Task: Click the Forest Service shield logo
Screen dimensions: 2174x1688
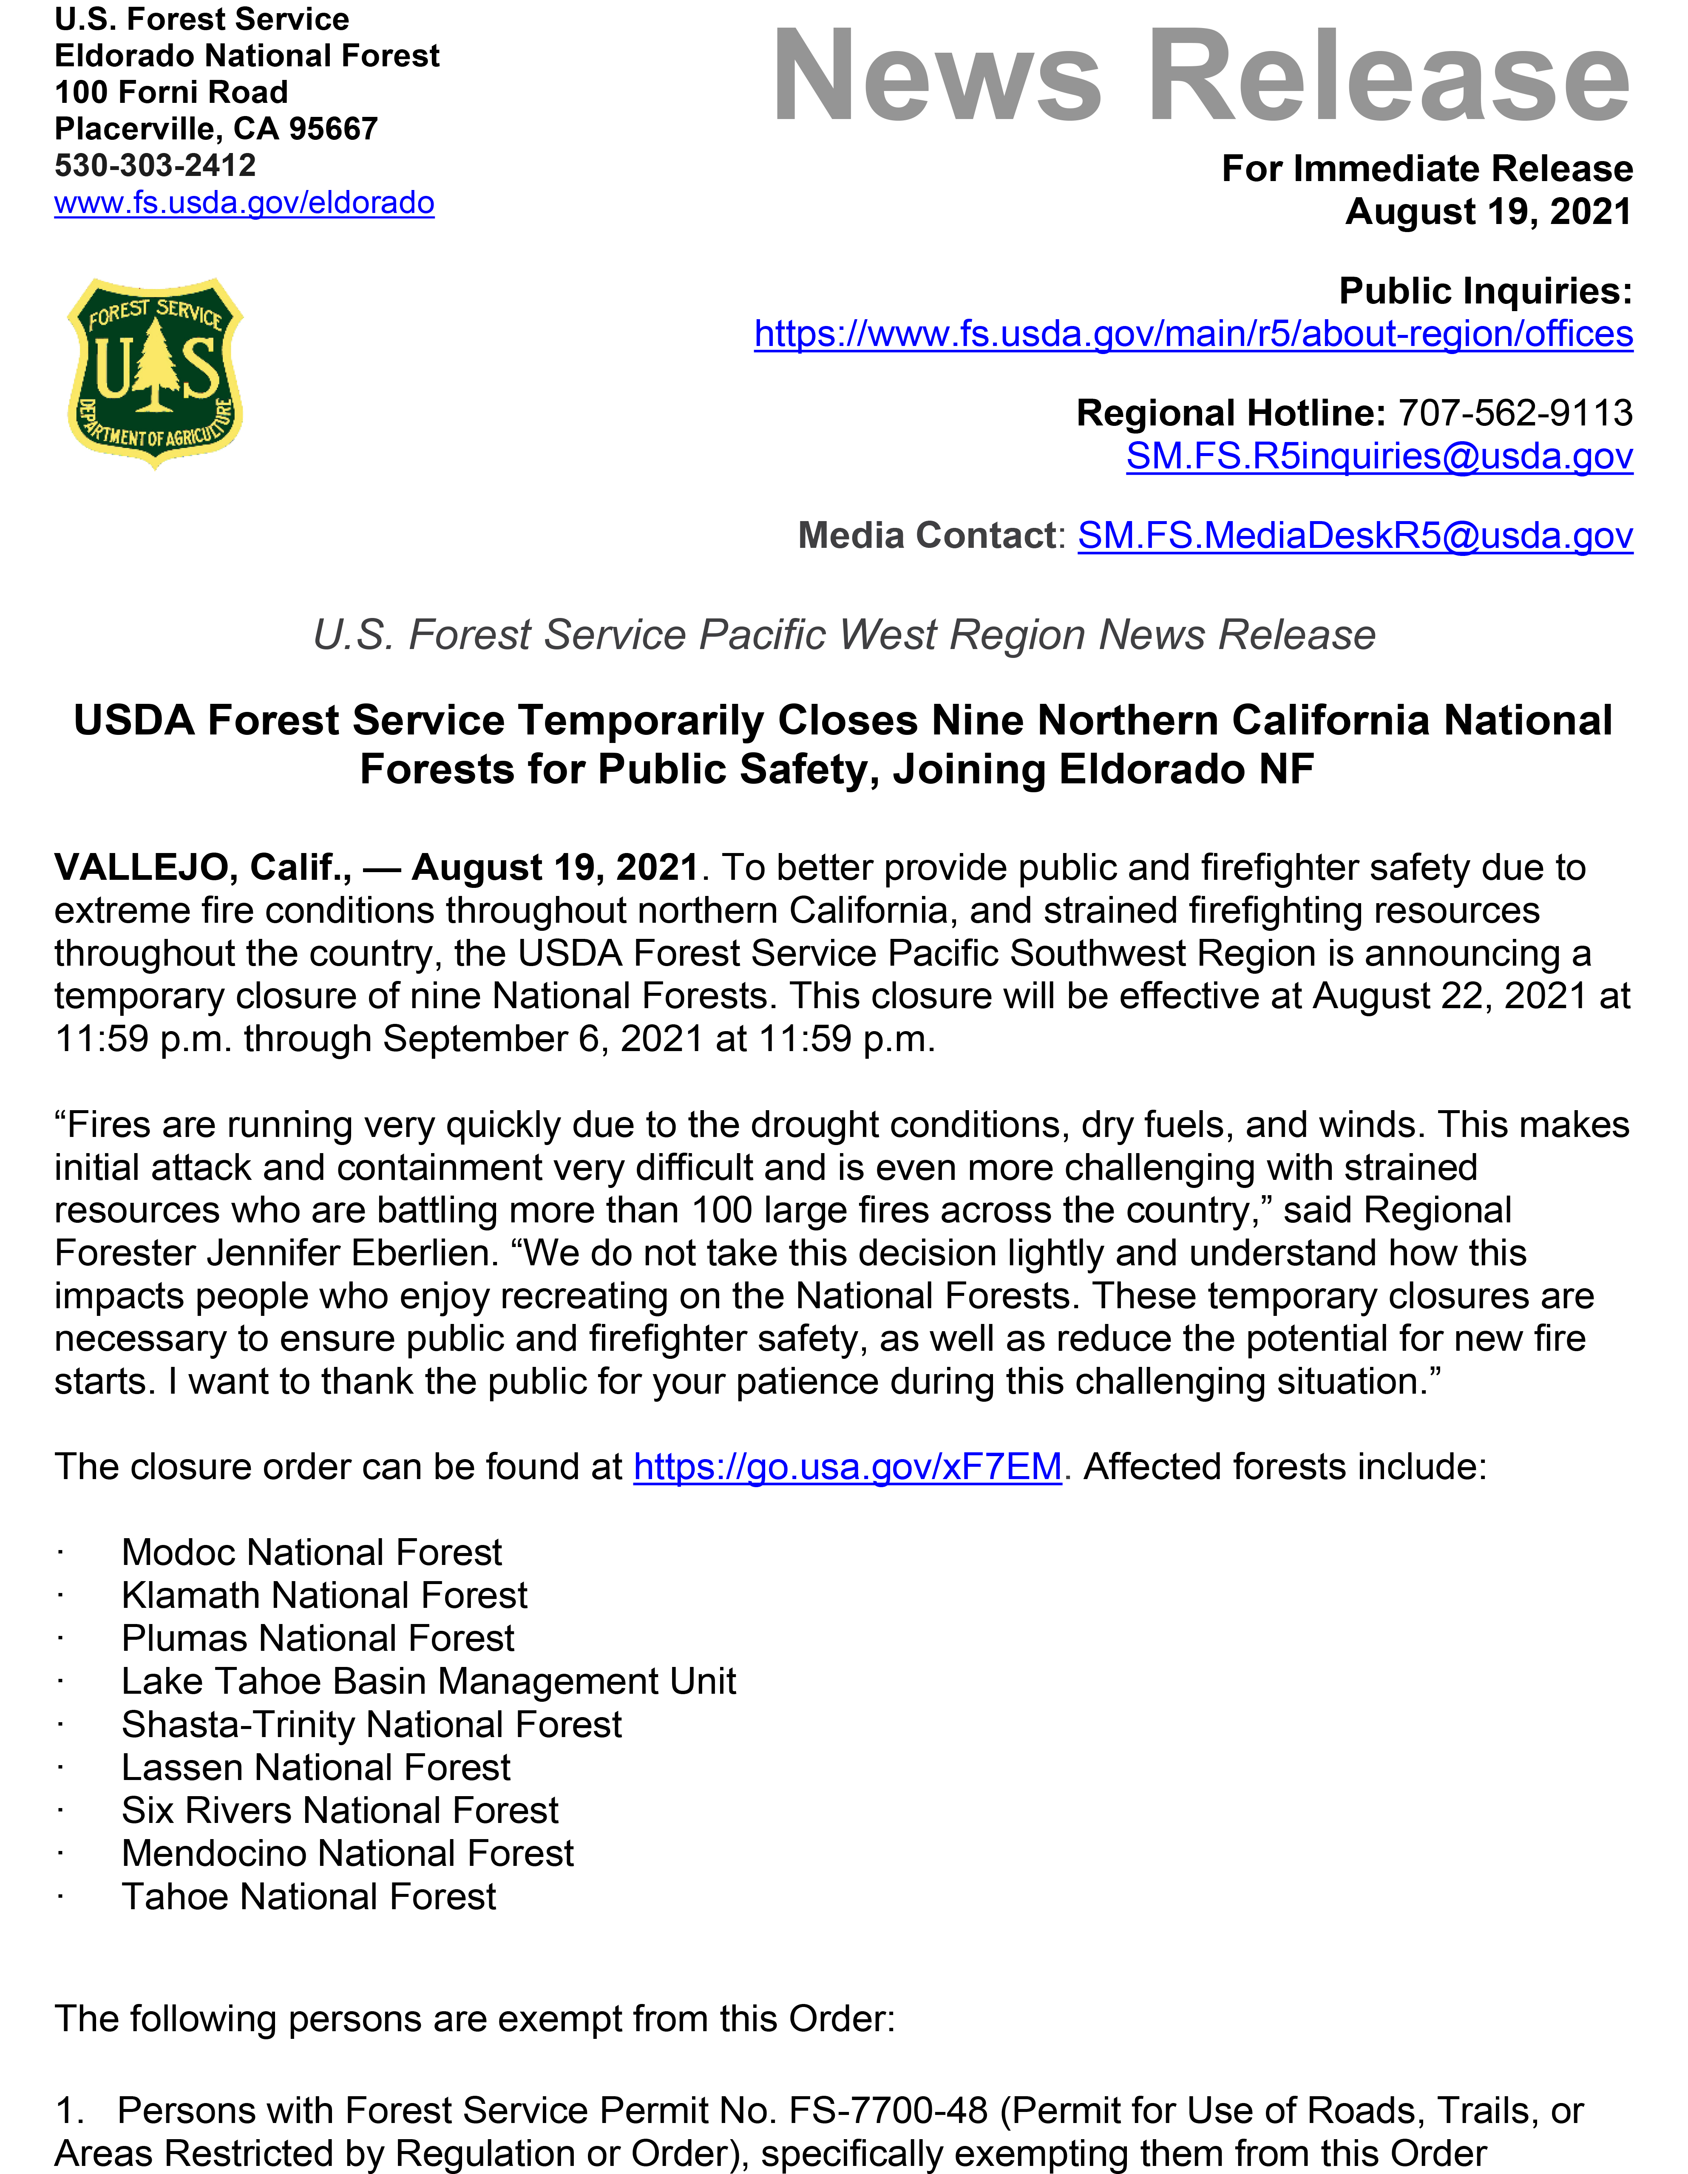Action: tap(155, 372)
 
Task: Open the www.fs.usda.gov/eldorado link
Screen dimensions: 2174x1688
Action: tap(244, 203)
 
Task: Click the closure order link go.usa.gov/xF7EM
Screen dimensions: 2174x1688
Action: tap(847, 1467)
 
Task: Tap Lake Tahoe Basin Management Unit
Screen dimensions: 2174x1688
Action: tap(428, 1681)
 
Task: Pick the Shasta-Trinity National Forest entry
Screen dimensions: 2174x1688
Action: tap(371, 1724)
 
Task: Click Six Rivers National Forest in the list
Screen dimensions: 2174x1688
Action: tap(339, 1810)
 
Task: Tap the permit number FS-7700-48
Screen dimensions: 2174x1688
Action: tap(888, 2110)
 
